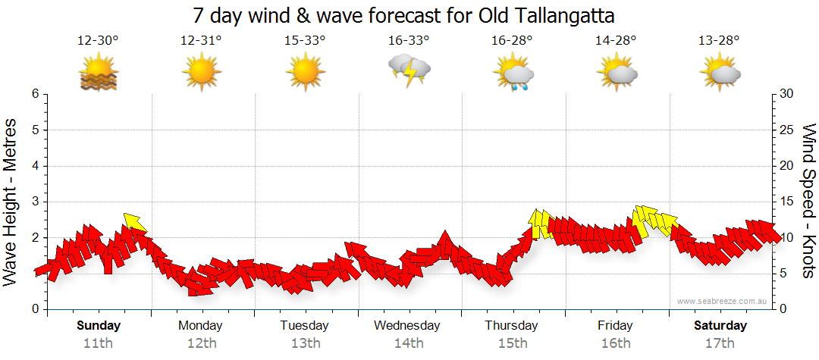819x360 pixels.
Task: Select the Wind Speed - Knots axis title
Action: point(807,202)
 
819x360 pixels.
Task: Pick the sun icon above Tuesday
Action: point(306,73)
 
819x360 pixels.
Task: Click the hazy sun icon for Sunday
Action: point(99,74)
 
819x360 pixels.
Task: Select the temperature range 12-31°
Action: point(201,41)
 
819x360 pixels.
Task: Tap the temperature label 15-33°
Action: point(305,41)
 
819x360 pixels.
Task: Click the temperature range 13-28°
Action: point(719,41)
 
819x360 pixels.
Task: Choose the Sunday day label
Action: point(99,326)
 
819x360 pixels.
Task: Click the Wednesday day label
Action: point(407,326)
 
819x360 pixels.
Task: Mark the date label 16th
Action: point(616,343)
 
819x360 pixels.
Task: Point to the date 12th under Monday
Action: point(201,343)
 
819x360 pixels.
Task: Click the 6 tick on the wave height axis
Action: point(35,94)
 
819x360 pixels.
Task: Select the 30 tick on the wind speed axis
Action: point(787,94)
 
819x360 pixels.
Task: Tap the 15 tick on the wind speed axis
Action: point(787,202)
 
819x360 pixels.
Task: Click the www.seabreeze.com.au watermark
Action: point(723,301)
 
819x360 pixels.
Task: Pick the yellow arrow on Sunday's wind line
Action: point(134,221)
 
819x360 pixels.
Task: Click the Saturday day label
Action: point(720,326)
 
